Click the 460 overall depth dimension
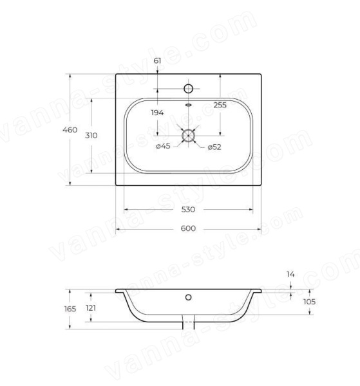(x=70, y=130)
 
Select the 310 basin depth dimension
(x=91, y=135)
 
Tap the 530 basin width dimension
(x=188, y=210)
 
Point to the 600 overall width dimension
(x=188, y=228)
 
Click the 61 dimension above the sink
(x=157, y=60)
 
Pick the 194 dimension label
(x=157, y=113)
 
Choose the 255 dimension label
(x=220, y=105)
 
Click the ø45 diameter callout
(x=163, y=146)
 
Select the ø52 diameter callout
(x=214, y=147)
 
